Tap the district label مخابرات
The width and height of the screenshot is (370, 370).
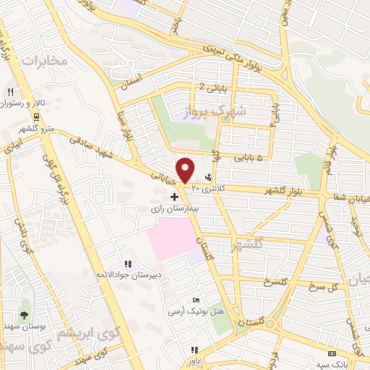tap(43, 61)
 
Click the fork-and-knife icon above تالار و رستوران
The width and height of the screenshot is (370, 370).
tap(10, 92)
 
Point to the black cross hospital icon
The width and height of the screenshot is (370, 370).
tap(173, 196)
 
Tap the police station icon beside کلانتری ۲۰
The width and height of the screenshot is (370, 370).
tap(209, 176)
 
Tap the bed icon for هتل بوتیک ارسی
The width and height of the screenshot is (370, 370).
tap(195, 300)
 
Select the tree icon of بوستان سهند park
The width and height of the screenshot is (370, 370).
tap(24, 315)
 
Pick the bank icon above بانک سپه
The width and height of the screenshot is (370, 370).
tap(331, 353)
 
